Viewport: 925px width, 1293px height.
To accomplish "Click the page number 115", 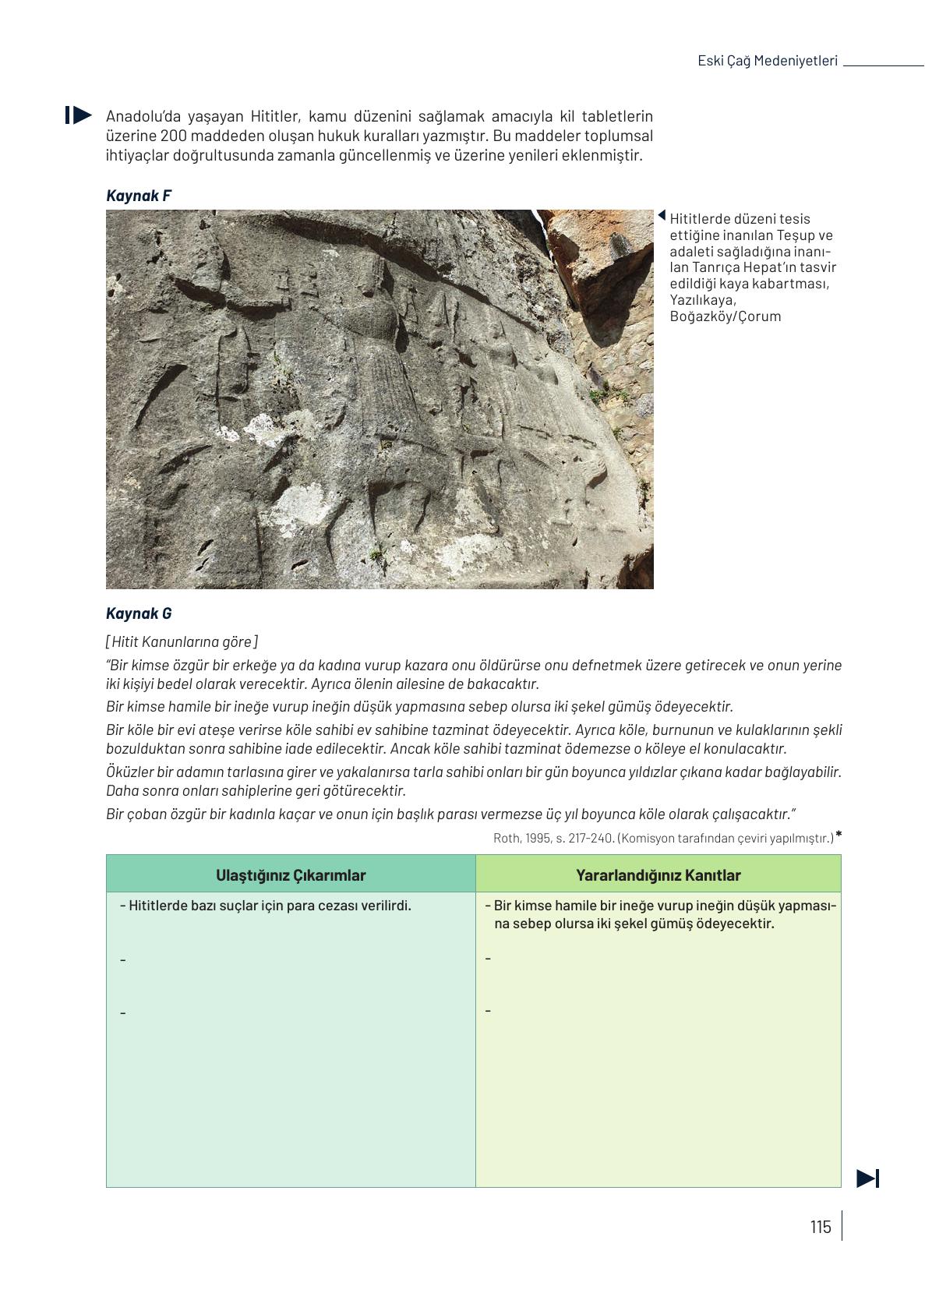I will coord(820,1227).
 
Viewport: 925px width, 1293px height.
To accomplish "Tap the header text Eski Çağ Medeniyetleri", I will coord(767,61).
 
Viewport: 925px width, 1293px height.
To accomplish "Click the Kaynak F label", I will coord(139,196).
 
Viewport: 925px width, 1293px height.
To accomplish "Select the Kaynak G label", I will coord(139,613).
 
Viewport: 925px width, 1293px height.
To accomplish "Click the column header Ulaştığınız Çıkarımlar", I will coord(291,875).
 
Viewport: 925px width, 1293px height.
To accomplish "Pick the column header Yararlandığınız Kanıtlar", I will coord(658,875).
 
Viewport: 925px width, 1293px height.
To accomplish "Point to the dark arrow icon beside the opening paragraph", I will coord(79,115).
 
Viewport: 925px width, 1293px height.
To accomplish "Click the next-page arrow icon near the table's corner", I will coord(867,1178).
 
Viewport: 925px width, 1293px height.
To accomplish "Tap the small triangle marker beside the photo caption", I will coord(662,216).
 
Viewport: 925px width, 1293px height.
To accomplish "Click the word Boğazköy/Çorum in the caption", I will coord(725,316).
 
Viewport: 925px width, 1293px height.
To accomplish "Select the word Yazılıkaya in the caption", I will coord(702,300).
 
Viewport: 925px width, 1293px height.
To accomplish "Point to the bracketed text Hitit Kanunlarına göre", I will coord(182,641).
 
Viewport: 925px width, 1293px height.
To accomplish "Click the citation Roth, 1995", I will coord(518,839).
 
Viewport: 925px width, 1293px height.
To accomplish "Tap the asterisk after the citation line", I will coord(839,836).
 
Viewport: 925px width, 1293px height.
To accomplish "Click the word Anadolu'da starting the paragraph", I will coord(137,116).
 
